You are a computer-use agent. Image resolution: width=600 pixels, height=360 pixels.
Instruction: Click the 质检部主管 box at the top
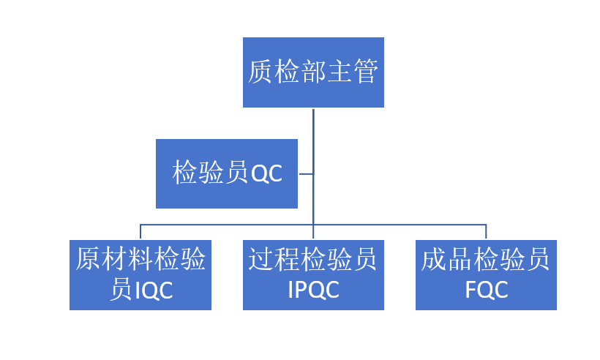click(313, 72)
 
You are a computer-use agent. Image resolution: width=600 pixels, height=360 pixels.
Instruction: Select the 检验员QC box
click(227, 173)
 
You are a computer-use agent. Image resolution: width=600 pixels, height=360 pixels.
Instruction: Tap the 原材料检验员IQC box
click(140, 274)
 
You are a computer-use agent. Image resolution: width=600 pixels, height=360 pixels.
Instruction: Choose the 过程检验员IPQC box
click(313, 274)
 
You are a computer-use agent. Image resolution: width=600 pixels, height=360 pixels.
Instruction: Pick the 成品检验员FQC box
click(486, 274)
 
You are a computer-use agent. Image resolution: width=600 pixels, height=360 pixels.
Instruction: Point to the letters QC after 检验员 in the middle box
click(266, 174)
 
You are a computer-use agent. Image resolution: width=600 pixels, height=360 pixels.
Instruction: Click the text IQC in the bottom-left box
click(154, 290)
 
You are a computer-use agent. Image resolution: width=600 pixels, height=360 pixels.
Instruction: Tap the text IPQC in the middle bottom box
click(314, 290)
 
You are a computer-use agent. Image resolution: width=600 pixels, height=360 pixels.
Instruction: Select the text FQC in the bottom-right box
click(486, 290)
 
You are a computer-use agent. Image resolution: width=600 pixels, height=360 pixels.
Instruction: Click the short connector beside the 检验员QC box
click(306, 174)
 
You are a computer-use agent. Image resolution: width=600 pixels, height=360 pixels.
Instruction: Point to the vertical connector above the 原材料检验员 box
click(140, 232)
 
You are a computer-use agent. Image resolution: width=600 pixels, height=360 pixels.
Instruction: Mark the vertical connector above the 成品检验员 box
click(486, 232)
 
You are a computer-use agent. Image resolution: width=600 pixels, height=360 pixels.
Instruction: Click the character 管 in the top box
click(365, 72)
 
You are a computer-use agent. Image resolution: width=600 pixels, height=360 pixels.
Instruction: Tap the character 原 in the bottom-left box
click(88, 260)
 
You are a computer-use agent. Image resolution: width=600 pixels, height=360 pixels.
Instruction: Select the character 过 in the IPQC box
click(261, 260)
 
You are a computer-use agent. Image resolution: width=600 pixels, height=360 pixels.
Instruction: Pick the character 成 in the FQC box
click(434, 260)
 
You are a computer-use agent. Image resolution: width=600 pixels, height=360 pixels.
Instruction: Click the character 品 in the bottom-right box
click(460, 260)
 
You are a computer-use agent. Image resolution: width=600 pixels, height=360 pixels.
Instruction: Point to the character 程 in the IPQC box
click(288, 260)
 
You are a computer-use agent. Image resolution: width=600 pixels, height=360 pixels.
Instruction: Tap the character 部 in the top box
click(313, 72)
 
